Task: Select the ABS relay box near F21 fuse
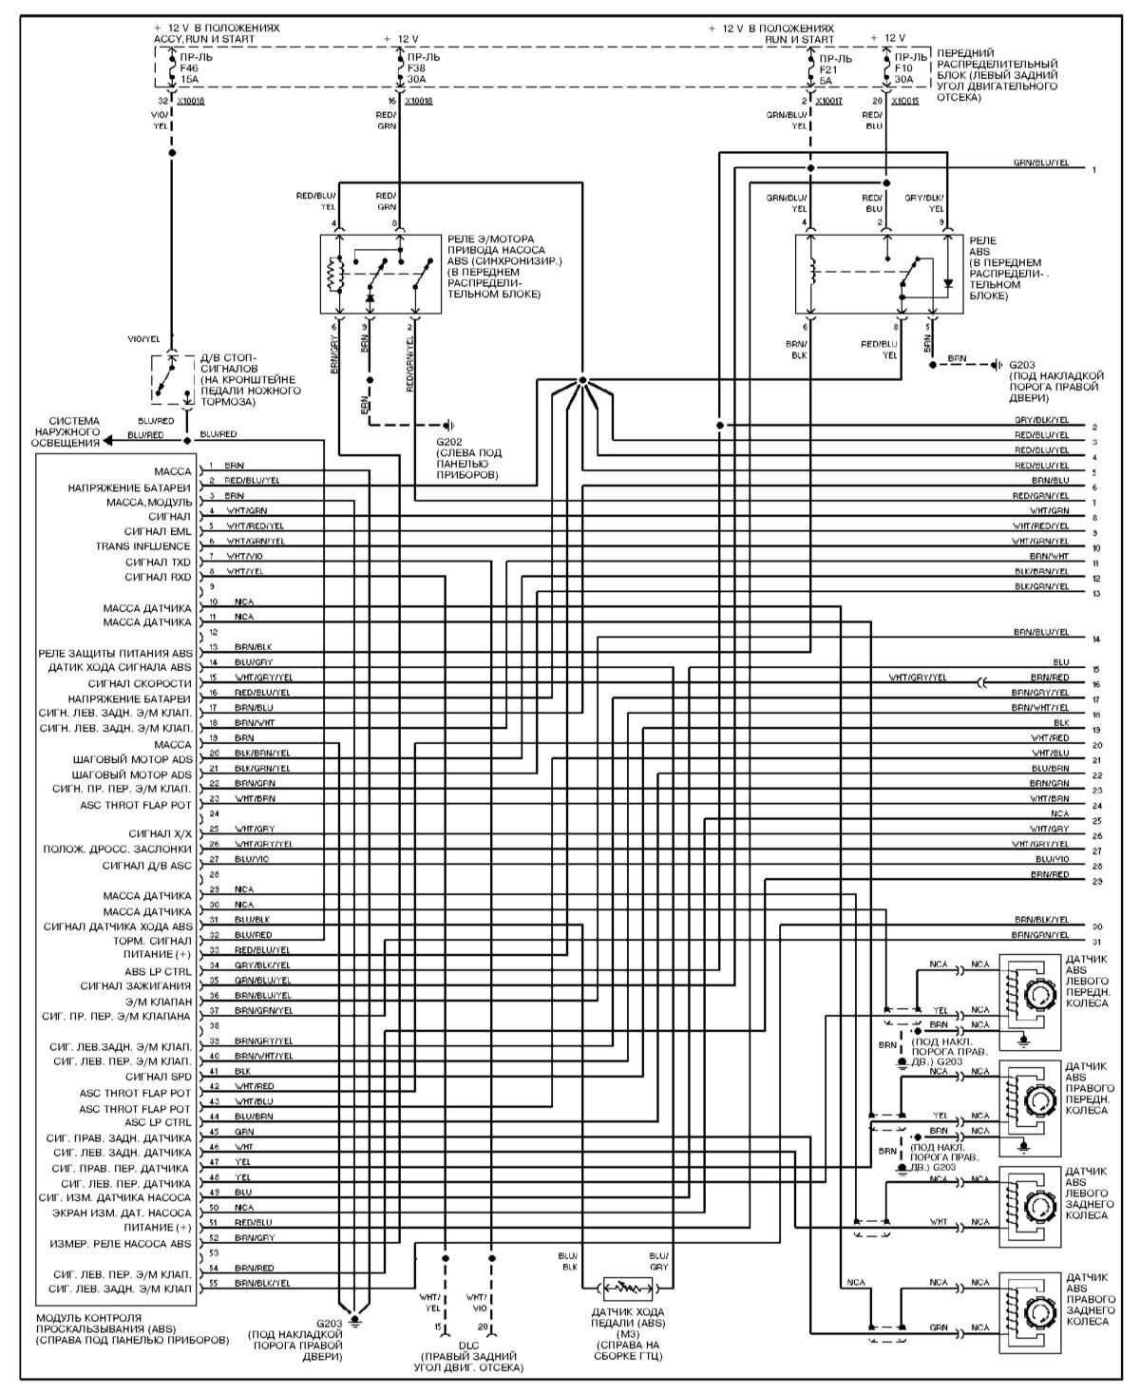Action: coord(879,274)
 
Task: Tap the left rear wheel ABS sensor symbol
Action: coord(1030,1208)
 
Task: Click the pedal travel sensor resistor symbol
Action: coord(625,1288)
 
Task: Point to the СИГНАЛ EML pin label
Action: coord(158,531)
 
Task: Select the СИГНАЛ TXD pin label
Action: coord(158,562)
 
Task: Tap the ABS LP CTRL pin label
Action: coord(158,971)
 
